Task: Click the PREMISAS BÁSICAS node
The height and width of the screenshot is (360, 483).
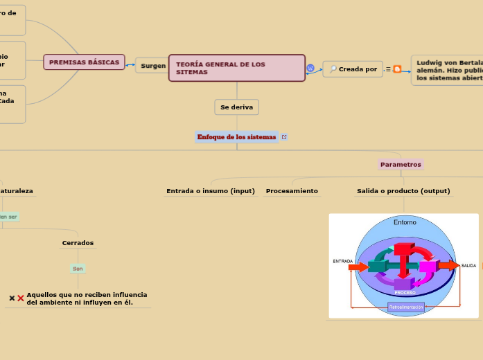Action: pos(84,62)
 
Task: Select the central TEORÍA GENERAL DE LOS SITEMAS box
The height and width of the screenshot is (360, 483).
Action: pos(236,68)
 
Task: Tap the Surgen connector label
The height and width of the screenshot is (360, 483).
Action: pos(152,66)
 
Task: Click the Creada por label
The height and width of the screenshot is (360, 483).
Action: pos(358,69)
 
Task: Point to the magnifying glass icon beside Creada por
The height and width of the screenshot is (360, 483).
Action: pos(333,69)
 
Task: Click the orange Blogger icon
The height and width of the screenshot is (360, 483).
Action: pos(397,69)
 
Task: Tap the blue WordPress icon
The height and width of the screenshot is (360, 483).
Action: pos(310,69)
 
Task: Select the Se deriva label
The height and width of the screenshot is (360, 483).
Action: pos(236,107)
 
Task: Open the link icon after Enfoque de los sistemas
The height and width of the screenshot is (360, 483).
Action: pos(284,137)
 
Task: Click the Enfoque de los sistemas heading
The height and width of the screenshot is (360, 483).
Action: pos(236,137)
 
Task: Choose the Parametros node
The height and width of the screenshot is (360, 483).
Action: pos(401,165)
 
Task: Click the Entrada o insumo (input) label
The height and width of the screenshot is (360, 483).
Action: pos(211,191)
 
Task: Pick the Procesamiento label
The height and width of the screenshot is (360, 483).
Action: pos(292,191)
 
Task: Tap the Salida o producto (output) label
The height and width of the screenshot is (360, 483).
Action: pos(403,191)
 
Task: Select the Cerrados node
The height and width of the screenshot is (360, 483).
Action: pos(78,243)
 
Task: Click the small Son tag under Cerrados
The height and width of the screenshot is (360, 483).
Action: pos(78,269)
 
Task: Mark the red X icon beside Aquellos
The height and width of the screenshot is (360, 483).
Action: pos(21,298)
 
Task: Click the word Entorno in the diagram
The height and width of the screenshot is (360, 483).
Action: pos(405,222)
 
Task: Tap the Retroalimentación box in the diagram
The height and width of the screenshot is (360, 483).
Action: pos(405,307)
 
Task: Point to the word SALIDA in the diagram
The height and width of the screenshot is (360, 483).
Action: pos(468,266)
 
